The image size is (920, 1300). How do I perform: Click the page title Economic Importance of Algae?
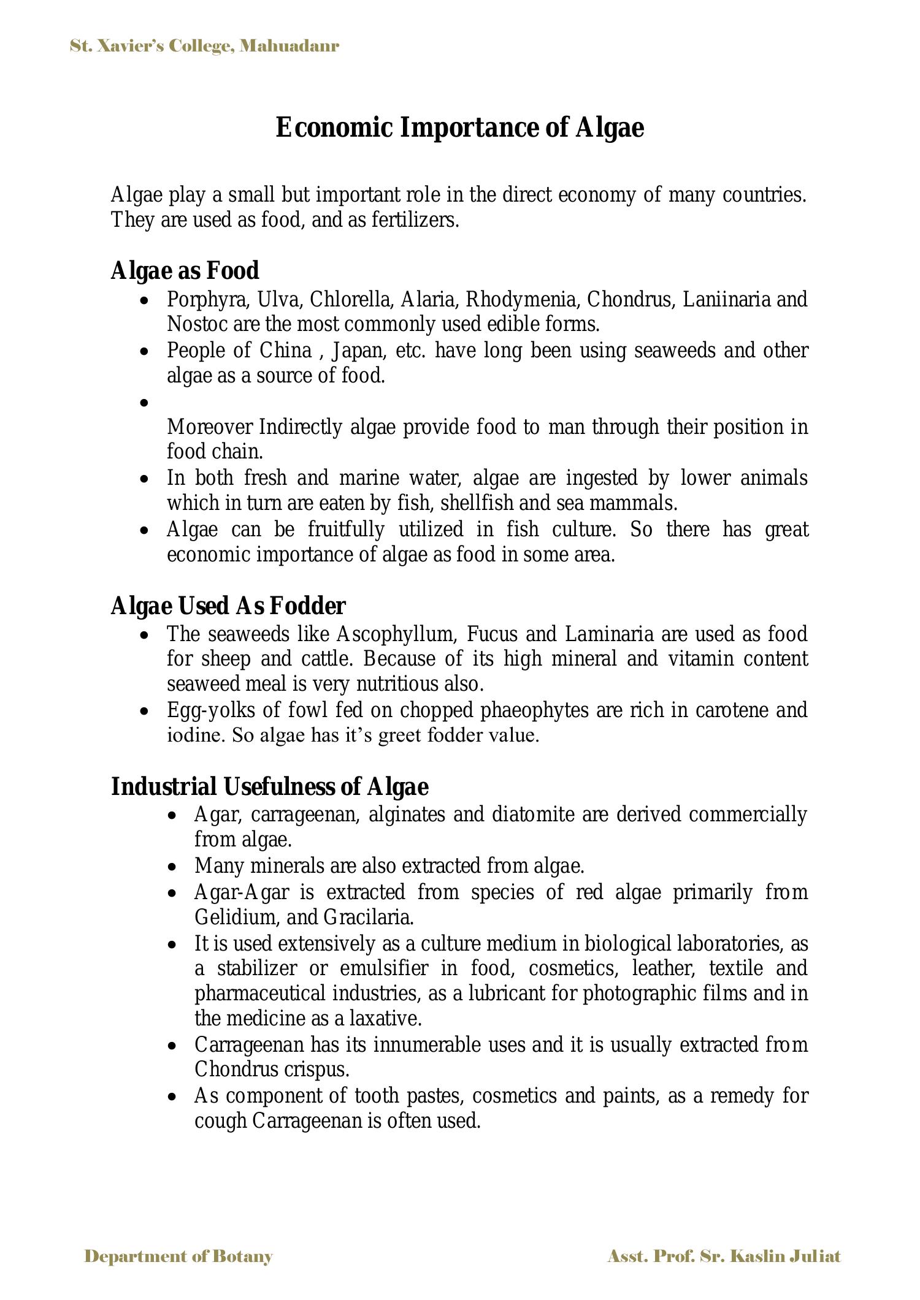point(459,128)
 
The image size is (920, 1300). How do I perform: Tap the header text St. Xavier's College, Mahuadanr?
point(204,46)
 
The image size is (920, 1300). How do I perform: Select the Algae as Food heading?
point(185,270)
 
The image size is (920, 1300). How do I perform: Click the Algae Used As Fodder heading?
point(228,606)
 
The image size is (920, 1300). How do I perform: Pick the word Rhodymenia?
point(523,300)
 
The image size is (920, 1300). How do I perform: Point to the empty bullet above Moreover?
point(144,403)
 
